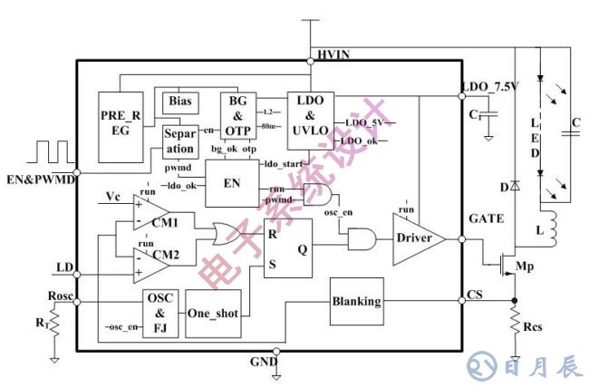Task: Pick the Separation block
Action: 179,141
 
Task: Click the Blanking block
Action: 356,301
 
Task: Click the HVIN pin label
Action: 333,55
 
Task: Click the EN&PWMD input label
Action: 39,180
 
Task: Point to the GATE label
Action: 487,219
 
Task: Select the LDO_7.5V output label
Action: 489,88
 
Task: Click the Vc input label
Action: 113,196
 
